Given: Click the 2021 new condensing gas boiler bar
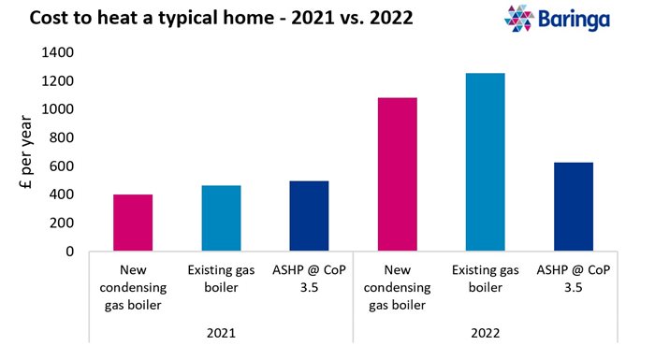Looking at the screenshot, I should tap(133, 223).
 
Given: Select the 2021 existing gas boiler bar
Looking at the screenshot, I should tap(221, 218).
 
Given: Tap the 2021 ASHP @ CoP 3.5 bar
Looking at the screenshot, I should tap(309, 216).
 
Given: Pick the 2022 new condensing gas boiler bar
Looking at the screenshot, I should tap(397, 174).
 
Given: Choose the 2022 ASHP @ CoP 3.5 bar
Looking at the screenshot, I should tap(573, 207).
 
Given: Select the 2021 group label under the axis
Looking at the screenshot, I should tap(221, 333).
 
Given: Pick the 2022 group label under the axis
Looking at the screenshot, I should tap(485, 333).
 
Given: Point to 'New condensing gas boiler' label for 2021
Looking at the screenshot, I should tap(133, 285).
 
